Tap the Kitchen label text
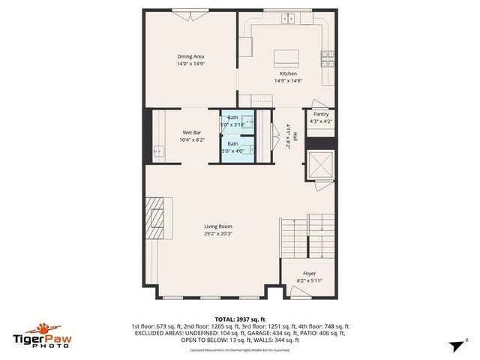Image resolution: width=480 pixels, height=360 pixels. [288, 73]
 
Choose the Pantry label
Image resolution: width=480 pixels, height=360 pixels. [321, 115]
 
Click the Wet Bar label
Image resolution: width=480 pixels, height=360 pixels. [191, 133]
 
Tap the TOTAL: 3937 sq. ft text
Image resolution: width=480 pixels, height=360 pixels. [240, 319]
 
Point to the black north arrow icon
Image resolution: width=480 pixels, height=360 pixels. [454, 346]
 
